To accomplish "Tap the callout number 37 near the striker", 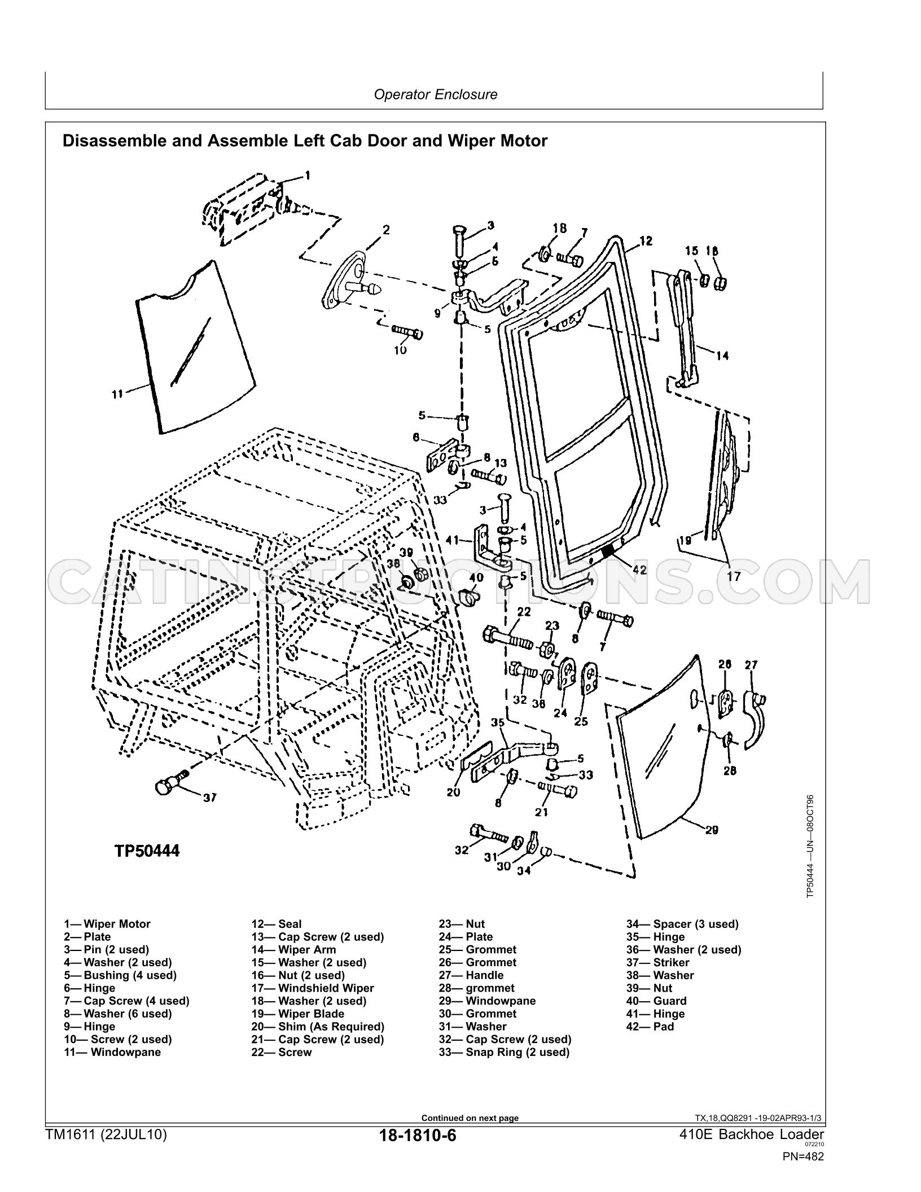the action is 209,797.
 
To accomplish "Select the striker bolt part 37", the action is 170,784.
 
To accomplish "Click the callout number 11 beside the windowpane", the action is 117,395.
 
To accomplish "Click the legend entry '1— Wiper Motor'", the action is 107,924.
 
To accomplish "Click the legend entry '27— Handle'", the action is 471,975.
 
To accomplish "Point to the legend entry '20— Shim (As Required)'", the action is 318,1026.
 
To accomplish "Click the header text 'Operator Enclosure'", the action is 436,94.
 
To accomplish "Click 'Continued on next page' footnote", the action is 470,1118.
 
